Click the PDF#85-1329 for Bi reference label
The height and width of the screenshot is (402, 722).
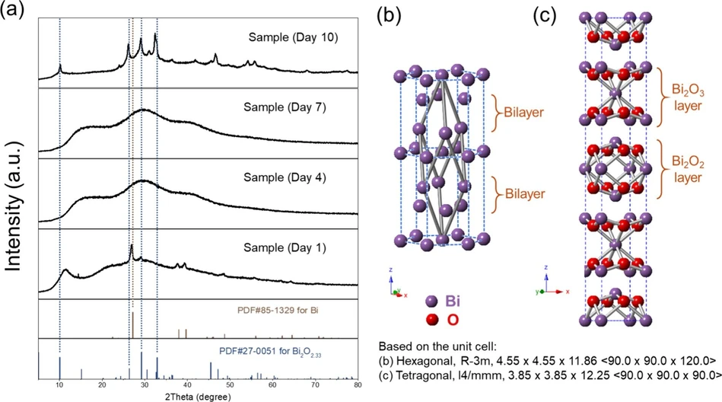click(x=291, y=311)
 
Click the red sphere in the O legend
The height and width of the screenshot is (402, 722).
click(x=434, y=317)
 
